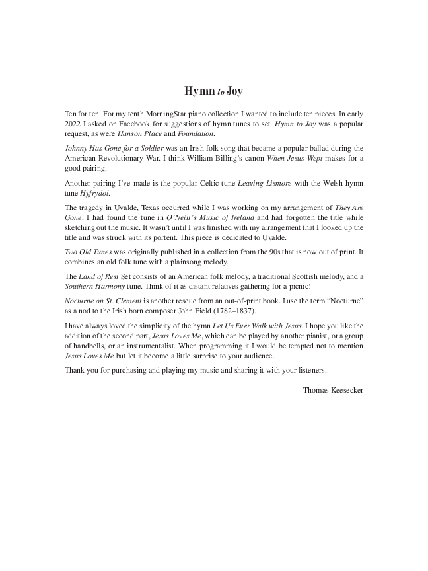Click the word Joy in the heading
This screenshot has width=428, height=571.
pos(234,90)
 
